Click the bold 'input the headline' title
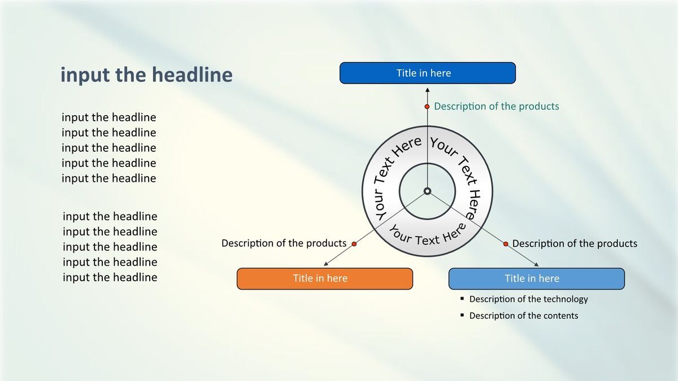click(x=146, y=75)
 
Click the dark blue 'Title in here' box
click(x=427, y=73)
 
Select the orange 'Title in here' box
click(x=325, y=278)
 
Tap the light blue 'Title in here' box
click(x=536, y=278)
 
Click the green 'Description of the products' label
click(x=497, y=106)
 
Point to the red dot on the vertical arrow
click(x=427, y=107)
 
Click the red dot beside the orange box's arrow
click(x=354, y=244)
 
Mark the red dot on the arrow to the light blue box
click(x=506, y=244)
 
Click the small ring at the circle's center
click(x=427, y=191)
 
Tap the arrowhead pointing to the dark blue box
click(x=427, y=90)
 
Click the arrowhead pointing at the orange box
click(x=326, y=264)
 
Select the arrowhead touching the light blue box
click(x=536, y=265)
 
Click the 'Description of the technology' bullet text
click(x=528, y=299)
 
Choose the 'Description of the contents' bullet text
click(x=524, y=316)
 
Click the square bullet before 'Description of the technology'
click(x=462, y=299)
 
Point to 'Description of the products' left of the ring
click(x=284, y=243)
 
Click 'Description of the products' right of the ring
click(x=575, y=243)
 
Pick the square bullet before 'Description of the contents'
click(x=462, y=315)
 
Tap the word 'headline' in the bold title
click(x=192, y=75)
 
